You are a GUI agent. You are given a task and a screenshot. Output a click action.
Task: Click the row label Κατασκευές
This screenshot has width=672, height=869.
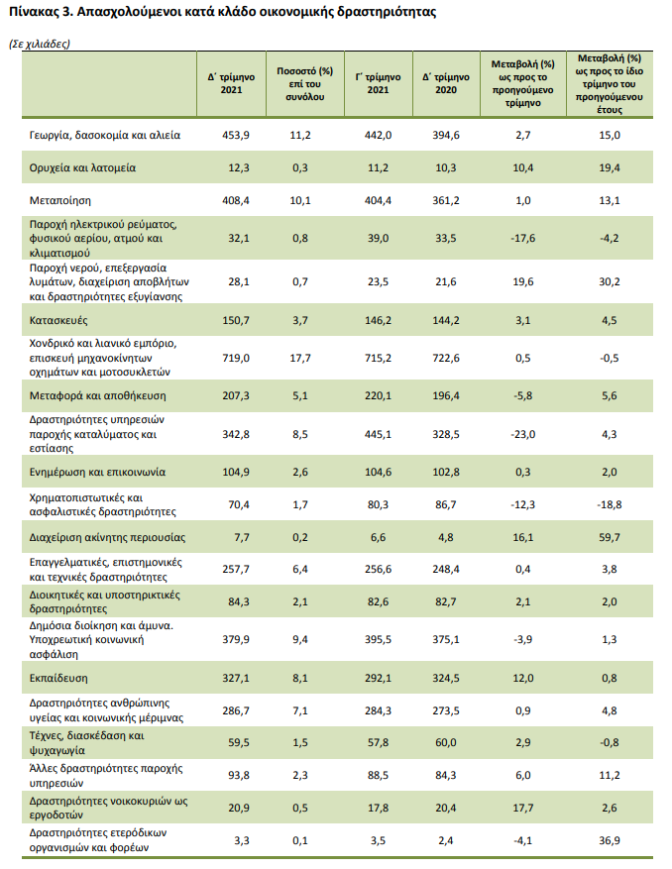pyautogui.click(x=60, y=319)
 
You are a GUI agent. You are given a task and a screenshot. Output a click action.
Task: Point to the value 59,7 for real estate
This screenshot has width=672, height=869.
pyautogui.click(x=610, y=538)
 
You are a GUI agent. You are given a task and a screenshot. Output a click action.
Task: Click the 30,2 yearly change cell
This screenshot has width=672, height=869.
pyautogui.click(x=610, y=280)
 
